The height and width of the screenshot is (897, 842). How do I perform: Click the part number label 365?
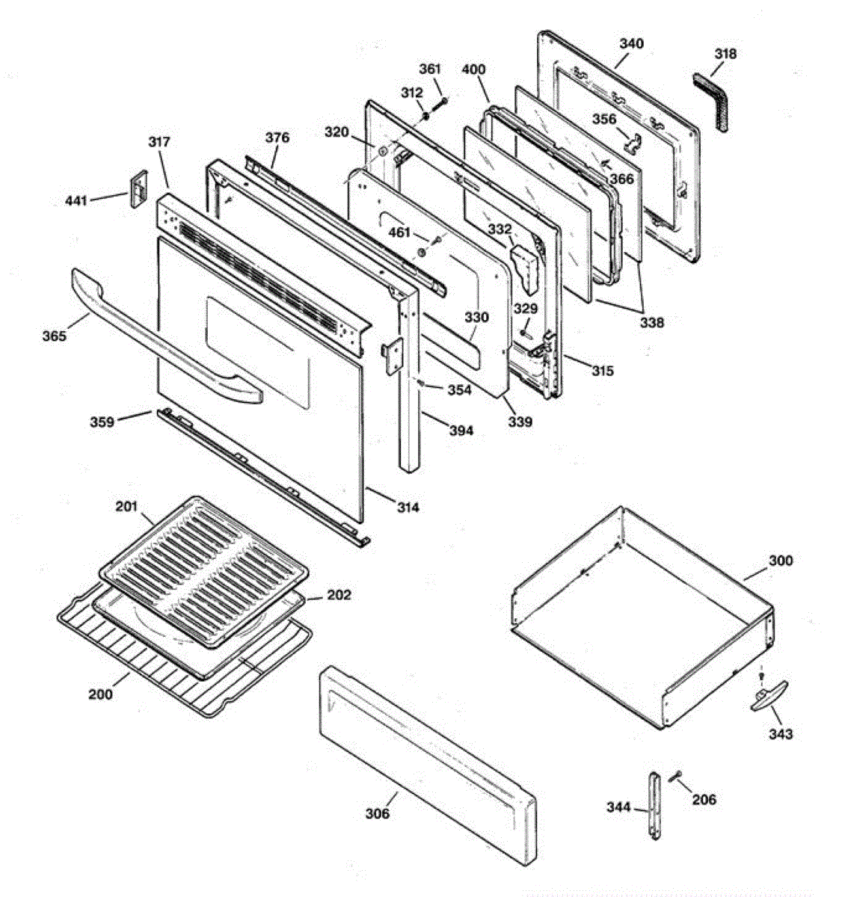pyautogui.click(x=54, y=336)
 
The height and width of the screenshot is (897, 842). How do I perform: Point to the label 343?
pyautogui.click(x=780, y=734)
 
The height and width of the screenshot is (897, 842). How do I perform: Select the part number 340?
pyautogui.click(x=630, y=43)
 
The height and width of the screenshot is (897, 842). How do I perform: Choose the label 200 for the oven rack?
pyautogui.click(x=100, y=694)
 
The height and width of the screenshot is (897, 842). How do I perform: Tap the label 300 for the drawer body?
pyautogui.click(x=780, y=561)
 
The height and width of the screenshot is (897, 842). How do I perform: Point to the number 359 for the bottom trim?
pyautogui.click(x=102, y=422)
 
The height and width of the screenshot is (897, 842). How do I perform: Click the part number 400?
pyautogui.click(x=473, y=70)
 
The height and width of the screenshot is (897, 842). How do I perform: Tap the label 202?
pyautogui.click(x=338, y=595)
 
